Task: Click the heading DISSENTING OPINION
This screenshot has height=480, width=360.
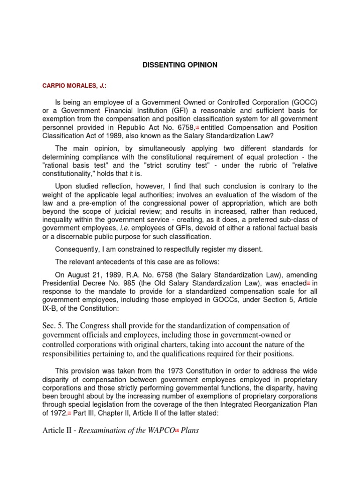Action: [x=180, y=65]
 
